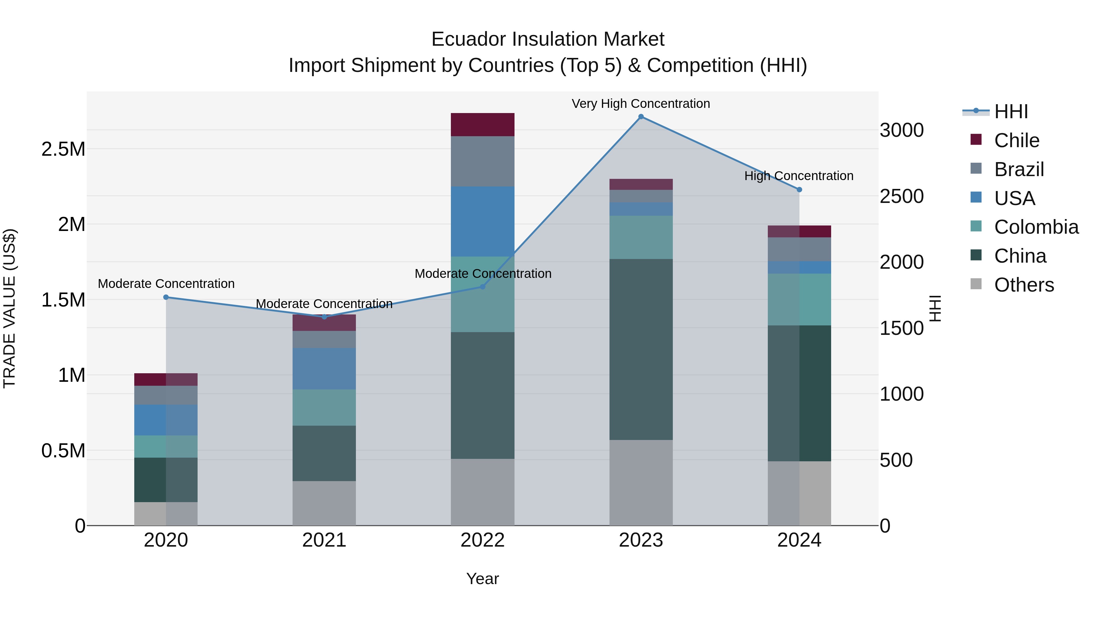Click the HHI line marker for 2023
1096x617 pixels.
[641, 117]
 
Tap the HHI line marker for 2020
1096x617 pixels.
[166, 297]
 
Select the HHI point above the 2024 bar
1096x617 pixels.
[799, 190]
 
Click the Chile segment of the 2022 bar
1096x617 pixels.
[483, 125]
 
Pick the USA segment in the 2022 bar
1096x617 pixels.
[483, 222]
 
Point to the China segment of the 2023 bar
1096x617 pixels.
[641, 349]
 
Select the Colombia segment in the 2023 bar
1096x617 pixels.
[641, 237]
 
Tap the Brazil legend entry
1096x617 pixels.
[1019, 169]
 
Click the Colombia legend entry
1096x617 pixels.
[1036, 227]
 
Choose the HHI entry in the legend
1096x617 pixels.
[1010, 112]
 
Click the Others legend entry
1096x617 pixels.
[1023, 285]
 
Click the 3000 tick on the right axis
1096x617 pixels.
[901, 130]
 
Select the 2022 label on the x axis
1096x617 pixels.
[483, 540]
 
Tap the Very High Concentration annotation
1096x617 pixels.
[641, 104]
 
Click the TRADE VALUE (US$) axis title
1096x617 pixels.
[9, 308]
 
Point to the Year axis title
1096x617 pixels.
[483, 579]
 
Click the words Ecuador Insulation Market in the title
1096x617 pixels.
[548, 39]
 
